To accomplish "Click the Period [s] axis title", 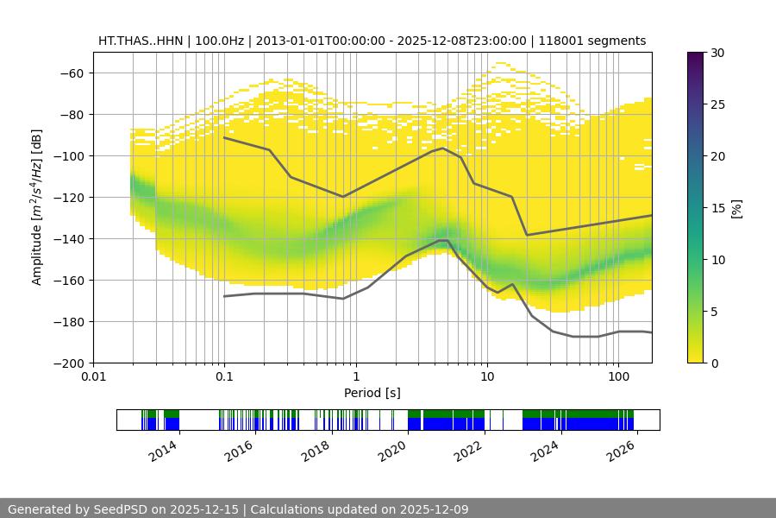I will click(372, 394).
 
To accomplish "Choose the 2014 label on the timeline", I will click(163, 452).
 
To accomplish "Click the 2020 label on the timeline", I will click(393, 452).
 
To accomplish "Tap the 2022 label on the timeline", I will click(470, 452).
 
